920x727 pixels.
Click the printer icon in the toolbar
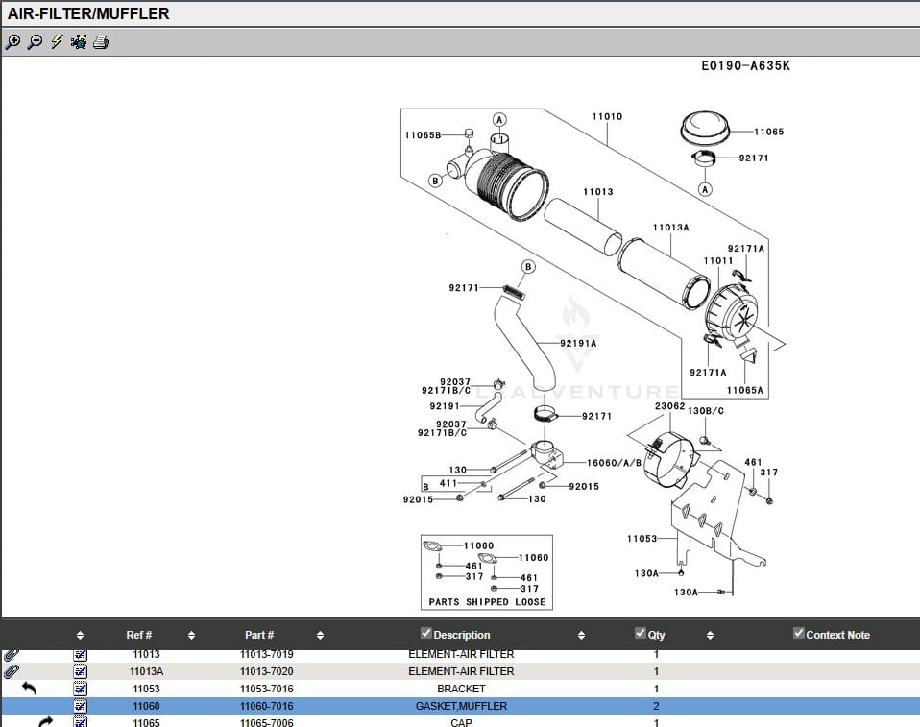(101, 42)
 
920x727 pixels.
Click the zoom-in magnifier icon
(12, 42)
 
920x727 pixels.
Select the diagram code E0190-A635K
(745, 66)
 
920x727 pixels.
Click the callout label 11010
(607, 117)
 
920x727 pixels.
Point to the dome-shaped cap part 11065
(706, 128)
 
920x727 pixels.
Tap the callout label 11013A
(671, 228)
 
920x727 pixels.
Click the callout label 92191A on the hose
(579, 343)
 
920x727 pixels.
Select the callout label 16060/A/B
(615, 463)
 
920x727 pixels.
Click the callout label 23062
(669, 406)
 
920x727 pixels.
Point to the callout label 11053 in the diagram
(642, 539)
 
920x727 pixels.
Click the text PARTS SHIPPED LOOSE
(487, 602)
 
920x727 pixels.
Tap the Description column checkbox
(426, 633)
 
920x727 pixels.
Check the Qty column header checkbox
(641, 633)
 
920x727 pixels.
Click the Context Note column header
(837, 635)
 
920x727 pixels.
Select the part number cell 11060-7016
(266, 706)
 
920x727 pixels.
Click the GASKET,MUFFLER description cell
(461, 706)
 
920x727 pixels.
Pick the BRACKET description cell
(461, 689)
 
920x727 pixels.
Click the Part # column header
(259, 635)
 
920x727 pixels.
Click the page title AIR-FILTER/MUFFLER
(88, 13)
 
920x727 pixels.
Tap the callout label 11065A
(745, 391)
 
